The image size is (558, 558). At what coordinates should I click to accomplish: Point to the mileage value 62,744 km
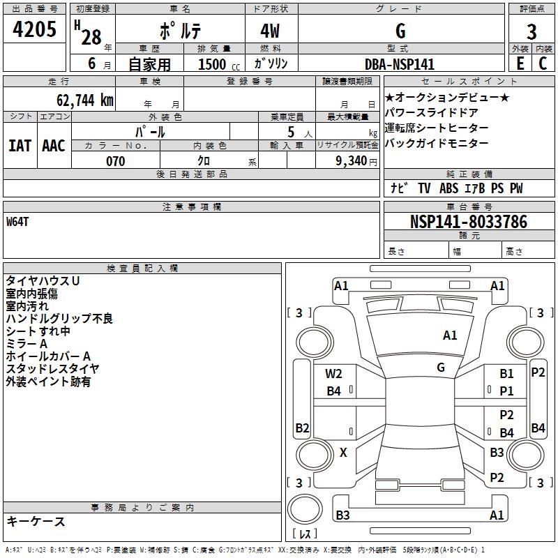(x=81, y=100)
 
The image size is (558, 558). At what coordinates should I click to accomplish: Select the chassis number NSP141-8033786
(x=469, y=222)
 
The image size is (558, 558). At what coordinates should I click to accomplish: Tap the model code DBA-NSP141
(x=400, y=64)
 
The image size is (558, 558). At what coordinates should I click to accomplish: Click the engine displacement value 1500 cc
(x=217, y=64)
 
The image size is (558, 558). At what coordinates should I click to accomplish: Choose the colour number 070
(x=116, y=161)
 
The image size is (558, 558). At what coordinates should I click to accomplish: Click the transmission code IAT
(x=20, y=145)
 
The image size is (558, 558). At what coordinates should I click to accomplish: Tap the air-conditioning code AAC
(x=53, y=145)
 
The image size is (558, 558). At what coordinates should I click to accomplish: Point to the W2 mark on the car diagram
(x=333, y=374)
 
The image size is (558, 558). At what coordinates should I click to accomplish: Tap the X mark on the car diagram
(x=343, y=453)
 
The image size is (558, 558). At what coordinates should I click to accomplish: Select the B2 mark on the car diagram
(x=302, y=428)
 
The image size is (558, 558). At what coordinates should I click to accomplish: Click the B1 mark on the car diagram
(x=506, y=374)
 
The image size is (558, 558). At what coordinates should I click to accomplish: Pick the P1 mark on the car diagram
(x=506, y=391)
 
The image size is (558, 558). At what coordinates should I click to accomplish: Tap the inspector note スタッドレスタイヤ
(x=53, y=368)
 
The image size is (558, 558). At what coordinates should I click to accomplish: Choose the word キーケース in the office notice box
(x=36, y=521)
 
